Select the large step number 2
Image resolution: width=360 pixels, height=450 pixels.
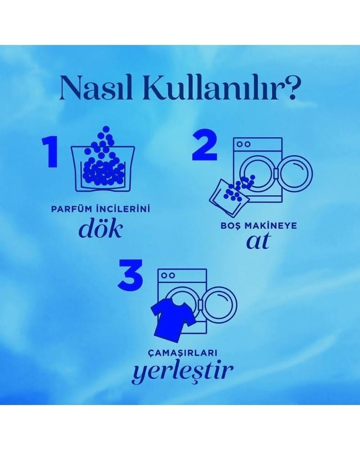coord(204,145)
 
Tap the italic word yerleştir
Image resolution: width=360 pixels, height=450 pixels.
coord(182,371)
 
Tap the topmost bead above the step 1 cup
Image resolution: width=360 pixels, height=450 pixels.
coord(106,129)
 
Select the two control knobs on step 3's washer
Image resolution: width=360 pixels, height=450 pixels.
coord(168,276)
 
